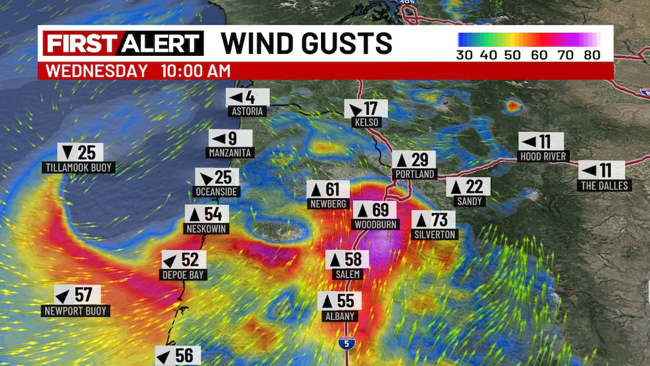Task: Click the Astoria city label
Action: (x=247, y=112)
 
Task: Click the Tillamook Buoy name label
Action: (x=78, y=168)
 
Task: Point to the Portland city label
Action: (x=414, y=174)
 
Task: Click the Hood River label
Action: (x=541, y=156)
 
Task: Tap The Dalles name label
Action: (x=605, y=185)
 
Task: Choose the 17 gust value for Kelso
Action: (x=365, y=108)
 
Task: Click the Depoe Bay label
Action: (x=184, y=275)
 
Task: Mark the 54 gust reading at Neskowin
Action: (x=206, y=214)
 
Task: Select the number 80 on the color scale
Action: (x=591, y=54)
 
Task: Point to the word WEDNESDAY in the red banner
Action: (x=97, y=70)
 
